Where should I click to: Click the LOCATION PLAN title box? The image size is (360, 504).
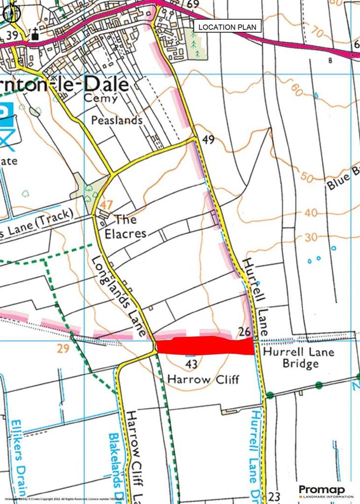pyautogui.click(x=227, y=27)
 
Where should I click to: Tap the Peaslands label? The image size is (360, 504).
pyautogui.click(x=116, y=120)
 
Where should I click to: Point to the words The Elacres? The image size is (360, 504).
pyautogui.click(x=128, y=226)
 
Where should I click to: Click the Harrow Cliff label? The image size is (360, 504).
pyautogui.click(x=203, y=379)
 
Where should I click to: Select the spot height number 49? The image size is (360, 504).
pyautogui.click(x=208, y=140)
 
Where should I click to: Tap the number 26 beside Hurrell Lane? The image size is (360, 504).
pyautogui.click(x=245, y=332)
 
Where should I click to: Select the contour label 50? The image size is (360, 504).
pyautogui.click(x=306, y=177)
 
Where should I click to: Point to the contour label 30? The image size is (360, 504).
pyautogui.click(x=310, y=237)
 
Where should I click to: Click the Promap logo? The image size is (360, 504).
pyautogui.click(x=326, y=490)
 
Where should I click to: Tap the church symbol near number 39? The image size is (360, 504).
pyautogui.click(x=34, y=35)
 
